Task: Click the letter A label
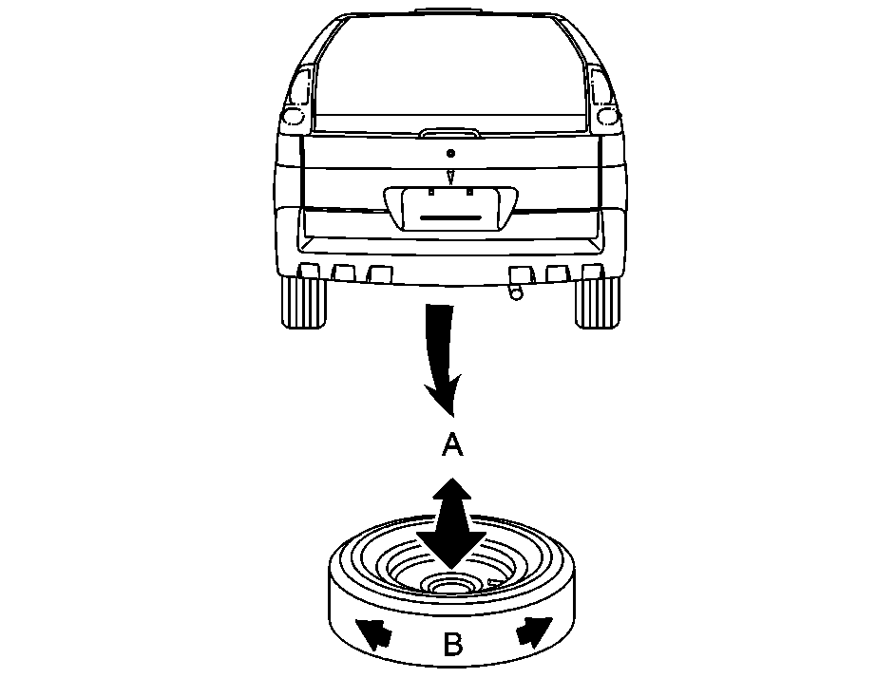tap(452, 443)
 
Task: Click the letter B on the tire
tap(452, 644)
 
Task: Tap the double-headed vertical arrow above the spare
tap(451, 523)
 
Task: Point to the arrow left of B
tap(373, 633)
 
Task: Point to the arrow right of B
tap(535, 631)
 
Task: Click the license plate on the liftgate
tap(450, 210)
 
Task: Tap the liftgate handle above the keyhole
tap(449, 134)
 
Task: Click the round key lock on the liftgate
tap(451, 153)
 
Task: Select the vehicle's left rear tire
tap(303, 302)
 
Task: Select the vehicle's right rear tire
tap(597, 302)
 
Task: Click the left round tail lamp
tap(294, 117)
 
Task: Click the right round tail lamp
tap(607, 117)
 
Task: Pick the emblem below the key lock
tap(451, 177)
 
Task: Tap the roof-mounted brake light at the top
tap(449, 10)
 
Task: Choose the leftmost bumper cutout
tap(309, 272)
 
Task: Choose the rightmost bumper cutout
tap(592, 272)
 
